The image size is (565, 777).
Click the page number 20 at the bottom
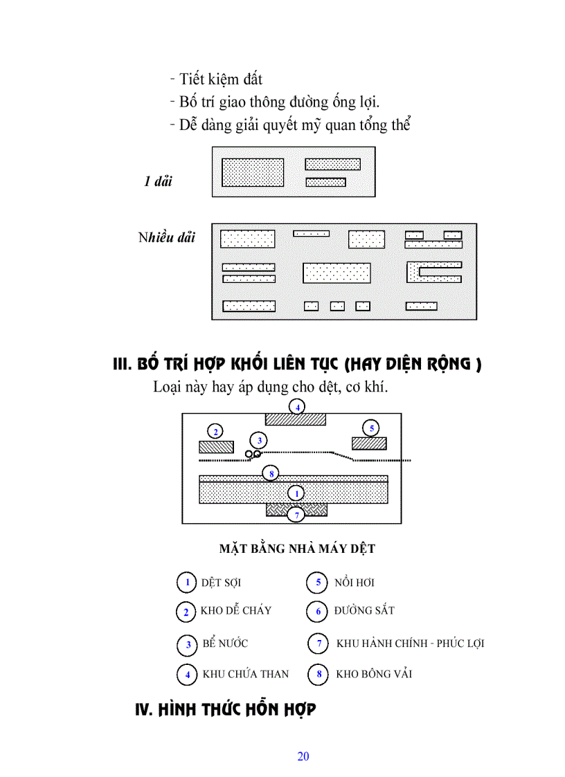click(x=303, y=756)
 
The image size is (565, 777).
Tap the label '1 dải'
click(x=158, y=182)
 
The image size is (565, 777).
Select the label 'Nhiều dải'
click(x=166, y=238)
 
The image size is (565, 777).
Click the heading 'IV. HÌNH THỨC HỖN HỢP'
click(x=225, y=709)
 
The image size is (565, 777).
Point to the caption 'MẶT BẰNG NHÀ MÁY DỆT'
click(x=297, y=549)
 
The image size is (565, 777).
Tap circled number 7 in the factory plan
click(x=296, y=515)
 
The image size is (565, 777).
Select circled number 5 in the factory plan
click(x=372, y=429)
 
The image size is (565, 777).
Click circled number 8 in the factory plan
click(x=272, y=474)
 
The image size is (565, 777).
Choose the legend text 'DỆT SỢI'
click(x=221, y=583)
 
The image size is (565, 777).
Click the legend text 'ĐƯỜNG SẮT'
click(x=364, y=611)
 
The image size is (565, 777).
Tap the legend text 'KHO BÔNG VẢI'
click(x=374, y=673)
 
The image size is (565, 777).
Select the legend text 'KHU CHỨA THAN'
click(x=245, y=673)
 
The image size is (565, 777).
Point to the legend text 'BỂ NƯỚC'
click(x=225, y=643)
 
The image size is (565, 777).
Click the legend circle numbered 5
click(x=317, y=583)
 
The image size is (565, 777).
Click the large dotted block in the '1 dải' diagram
click(x=252, y=172)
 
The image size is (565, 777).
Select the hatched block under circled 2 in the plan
click(x=216, y=446)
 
